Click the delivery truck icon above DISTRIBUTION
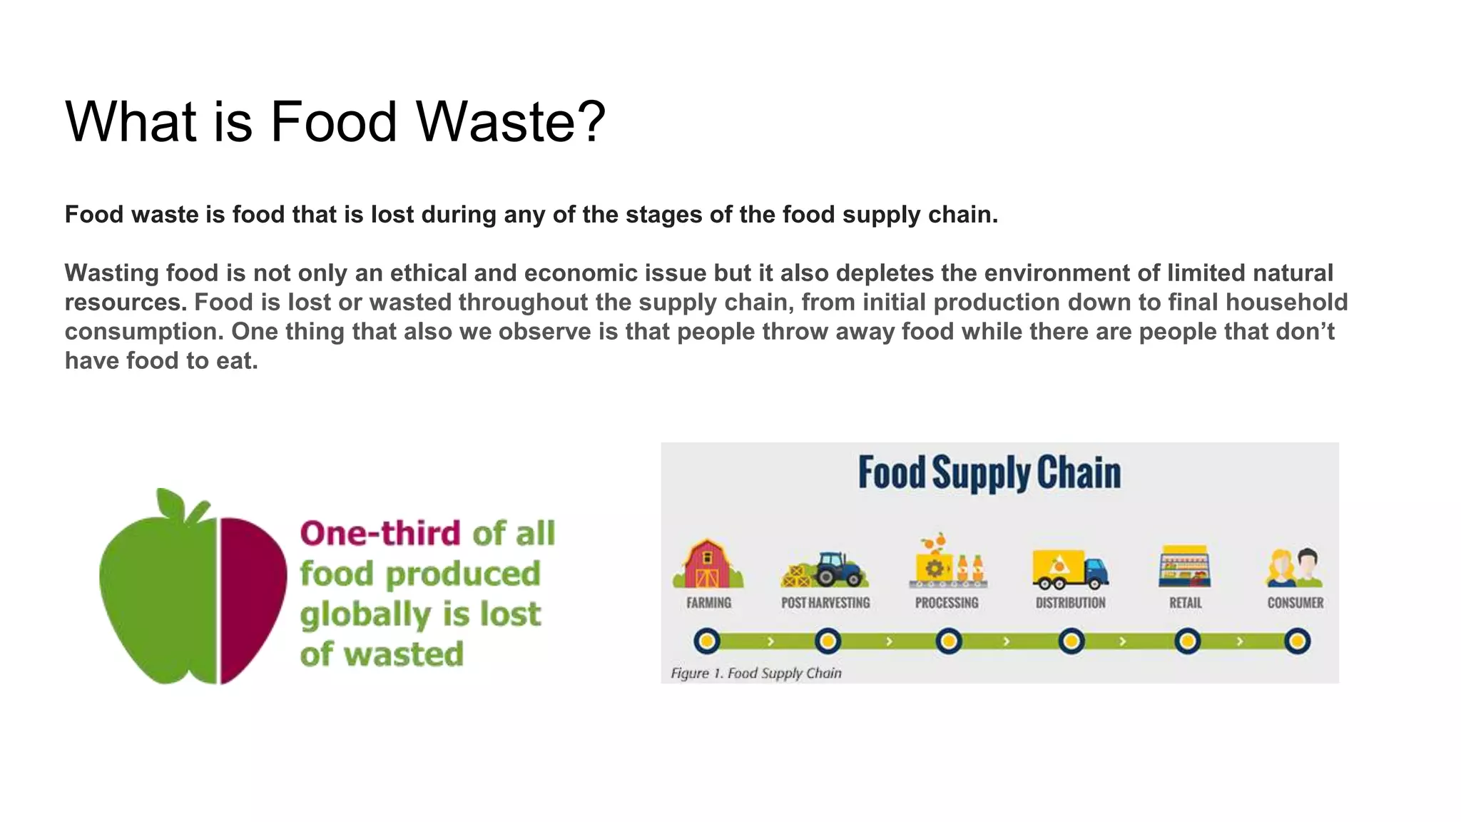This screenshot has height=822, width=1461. [x=1070, y=569]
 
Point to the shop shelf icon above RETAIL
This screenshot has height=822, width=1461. [x=1184, y=567]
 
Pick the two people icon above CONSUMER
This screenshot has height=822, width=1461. [x=1295, y=567]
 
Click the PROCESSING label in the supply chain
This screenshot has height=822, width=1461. [x=947, y=603]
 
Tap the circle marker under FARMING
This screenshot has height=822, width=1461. [x=707, y=641]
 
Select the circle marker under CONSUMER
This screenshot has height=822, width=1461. [x=1297, y=641]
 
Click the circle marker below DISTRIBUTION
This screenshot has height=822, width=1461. [x=1071, y=641]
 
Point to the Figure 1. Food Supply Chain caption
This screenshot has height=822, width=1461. [x=755, y=673]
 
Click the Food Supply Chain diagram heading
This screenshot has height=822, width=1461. [x=989, y=473]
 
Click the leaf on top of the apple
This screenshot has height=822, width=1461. [x=171, y=503]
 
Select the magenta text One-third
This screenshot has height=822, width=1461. [x=380, y=533]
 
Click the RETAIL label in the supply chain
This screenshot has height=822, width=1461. [x=1185, y=603]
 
